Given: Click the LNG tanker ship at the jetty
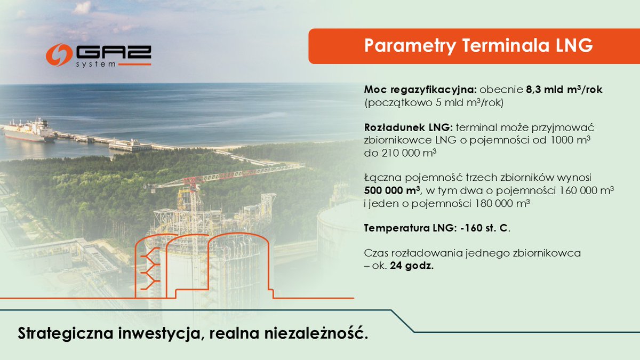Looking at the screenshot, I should coord(29,130).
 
